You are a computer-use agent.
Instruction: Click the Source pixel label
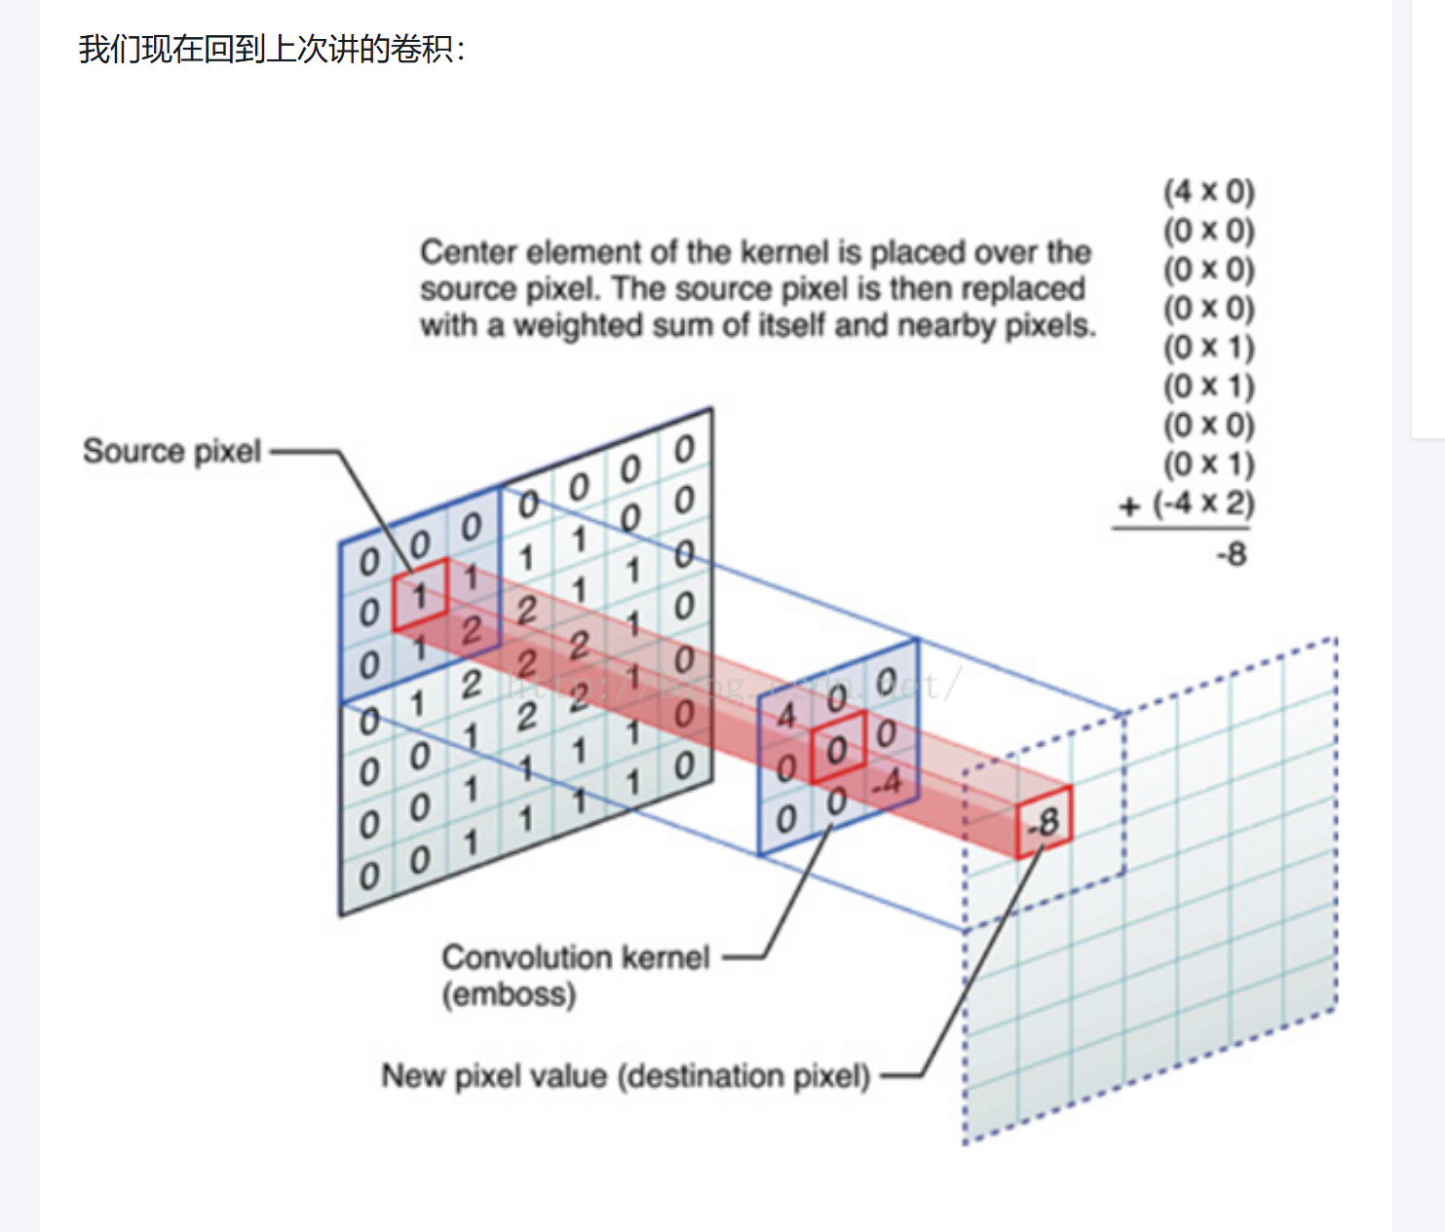171,451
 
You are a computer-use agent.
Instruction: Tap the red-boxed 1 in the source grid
419,595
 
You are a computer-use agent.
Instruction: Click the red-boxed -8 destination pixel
1044,823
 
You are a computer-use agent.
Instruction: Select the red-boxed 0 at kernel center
836,750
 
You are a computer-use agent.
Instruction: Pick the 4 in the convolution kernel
785,716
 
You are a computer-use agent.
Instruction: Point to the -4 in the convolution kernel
886,782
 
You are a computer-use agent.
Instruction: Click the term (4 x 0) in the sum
1208,191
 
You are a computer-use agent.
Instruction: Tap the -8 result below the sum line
1231,554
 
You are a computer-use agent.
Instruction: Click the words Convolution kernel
575,957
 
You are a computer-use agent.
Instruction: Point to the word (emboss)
509,994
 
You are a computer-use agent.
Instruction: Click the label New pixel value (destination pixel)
625,1076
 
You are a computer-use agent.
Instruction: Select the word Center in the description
469,252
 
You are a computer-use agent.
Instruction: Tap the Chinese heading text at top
272,49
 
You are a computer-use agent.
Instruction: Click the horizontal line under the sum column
1181,529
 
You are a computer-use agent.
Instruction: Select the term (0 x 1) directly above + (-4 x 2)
1208,464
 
